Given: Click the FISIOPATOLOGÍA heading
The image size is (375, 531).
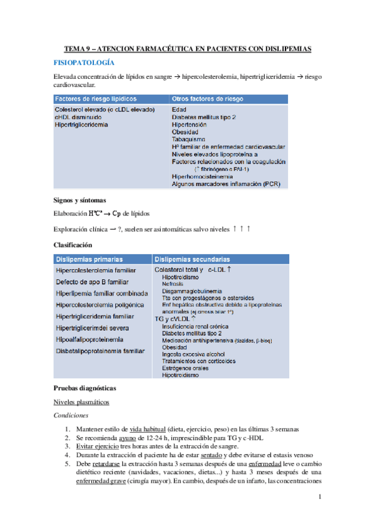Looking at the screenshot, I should [84, 63].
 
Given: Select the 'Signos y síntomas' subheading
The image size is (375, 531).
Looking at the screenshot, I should [82, 200].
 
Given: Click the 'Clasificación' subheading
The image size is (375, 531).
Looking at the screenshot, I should [74, 245].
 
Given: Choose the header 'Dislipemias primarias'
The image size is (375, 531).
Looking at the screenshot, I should [90, 259].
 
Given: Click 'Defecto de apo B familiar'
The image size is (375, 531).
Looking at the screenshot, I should [91, 282].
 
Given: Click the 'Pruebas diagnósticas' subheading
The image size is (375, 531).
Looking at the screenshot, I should [85, 388].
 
